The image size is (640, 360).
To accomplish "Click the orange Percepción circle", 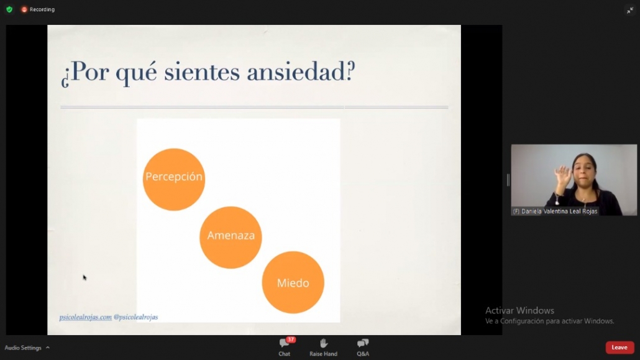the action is pyautogui.click(x=174, y=180).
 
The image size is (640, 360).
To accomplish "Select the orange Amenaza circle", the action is pyautogui.click(x=231, y=238).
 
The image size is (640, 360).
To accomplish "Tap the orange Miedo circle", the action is pyautogui.click(x=293, y=282).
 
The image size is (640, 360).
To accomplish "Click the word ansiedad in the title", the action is pyautogui.click(x=301, y=72).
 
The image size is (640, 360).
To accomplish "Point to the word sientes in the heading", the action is pyautogui.click(x=202, y=73).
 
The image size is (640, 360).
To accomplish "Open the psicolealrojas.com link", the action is pyautogui.click(x=85, y=317).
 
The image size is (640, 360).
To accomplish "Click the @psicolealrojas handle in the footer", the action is pyautogui.click(x=135, y=317).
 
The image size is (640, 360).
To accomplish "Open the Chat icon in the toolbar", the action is pyautogui.click(x=284, y=343).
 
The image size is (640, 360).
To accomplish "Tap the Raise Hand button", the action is pyautogui.click(x=323, y=347).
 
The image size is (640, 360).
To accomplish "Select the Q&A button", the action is pyautogui.click(x=362, y=347).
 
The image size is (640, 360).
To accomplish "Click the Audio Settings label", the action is pyautogui.click(x=23, y=348).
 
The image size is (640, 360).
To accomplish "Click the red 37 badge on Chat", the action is pyautogui.click(x=291, y=339).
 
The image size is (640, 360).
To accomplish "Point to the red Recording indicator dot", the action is pyautogui.click(x=24, y=9).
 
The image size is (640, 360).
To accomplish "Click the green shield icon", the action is pyautogui.click(x=9, y=9).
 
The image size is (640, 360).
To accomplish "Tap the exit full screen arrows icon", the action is pyautogui.click(x=630, y=10).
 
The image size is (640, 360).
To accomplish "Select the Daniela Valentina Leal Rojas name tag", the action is pyautogui.click(x=555, y=211).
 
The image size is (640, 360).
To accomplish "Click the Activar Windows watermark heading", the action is pyautogui.click(x=519, y=310).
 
